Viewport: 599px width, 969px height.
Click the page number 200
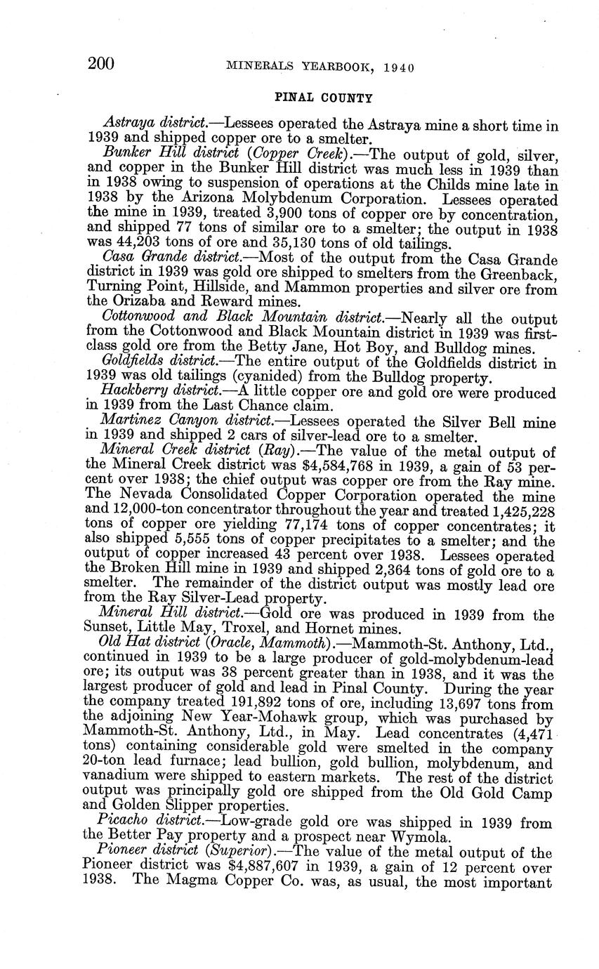(101, 64)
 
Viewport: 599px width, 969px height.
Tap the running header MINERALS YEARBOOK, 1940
(320, 67)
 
